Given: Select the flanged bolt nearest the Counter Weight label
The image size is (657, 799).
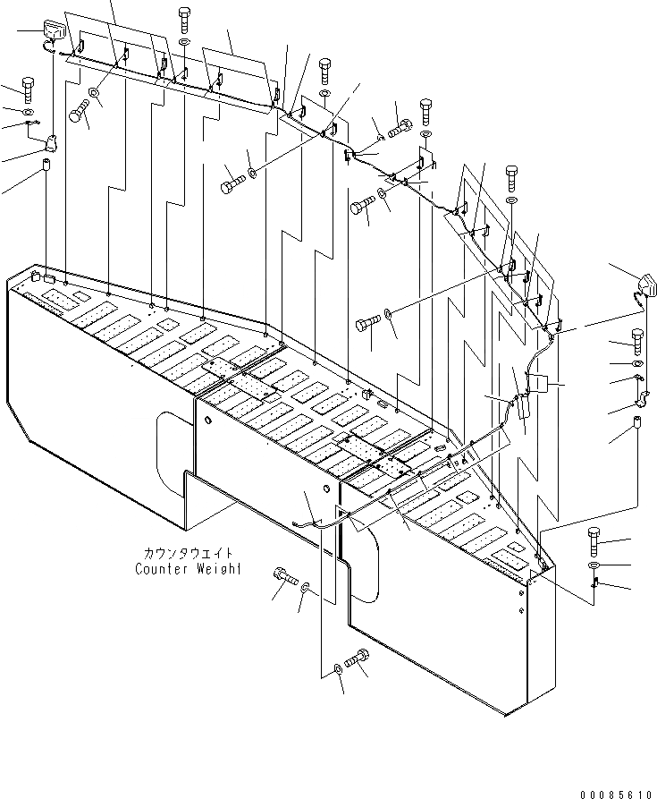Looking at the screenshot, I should (283, 577).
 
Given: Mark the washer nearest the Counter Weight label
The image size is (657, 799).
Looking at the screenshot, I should (306, 588).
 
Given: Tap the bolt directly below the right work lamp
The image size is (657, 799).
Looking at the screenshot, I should (637, 340).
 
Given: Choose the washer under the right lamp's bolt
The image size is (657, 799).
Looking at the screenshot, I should (637, 365).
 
